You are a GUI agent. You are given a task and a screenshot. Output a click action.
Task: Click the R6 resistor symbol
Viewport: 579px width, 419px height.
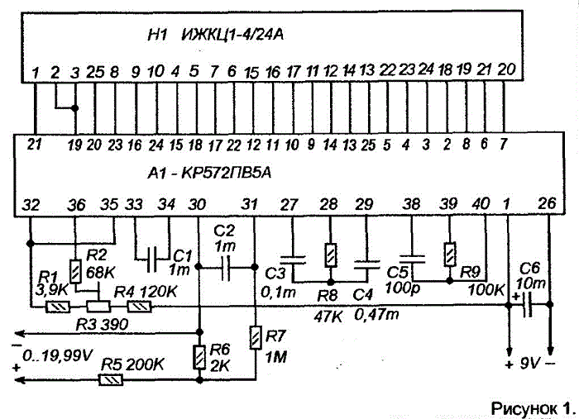tap(199, 357)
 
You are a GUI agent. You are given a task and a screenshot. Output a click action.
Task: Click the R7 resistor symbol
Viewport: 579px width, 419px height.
tap(255, 337)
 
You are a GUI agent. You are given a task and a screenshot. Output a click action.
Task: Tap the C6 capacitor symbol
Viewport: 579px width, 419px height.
tap(529, 305)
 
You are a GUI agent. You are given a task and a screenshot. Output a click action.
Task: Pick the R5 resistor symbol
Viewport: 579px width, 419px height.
tap(111, 379)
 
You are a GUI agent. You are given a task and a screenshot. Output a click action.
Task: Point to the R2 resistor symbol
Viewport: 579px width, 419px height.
tap(76, 271)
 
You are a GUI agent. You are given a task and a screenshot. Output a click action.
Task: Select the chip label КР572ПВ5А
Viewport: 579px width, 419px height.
tap(226, 173)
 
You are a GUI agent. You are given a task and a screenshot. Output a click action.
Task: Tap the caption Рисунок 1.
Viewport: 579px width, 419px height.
tap(534, 408)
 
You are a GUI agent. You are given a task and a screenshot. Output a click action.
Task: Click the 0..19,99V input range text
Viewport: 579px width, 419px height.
tap(57, 356)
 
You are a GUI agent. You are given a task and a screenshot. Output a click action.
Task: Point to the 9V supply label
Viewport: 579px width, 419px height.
tap(530, 364)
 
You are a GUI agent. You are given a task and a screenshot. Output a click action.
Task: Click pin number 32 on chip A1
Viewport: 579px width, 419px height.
tap(31, 205)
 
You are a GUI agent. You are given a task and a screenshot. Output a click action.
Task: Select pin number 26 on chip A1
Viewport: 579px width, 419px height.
tap(547, 203)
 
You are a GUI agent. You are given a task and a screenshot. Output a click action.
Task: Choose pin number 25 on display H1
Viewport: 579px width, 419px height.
tap(95, 72)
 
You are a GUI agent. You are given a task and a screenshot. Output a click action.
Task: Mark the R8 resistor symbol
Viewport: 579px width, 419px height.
tap(331, 255)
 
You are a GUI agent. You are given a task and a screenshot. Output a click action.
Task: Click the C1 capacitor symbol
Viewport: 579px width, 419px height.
tap(151, 259)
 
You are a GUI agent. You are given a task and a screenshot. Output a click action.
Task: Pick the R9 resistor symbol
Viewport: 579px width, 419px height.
tap(449, 255)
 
